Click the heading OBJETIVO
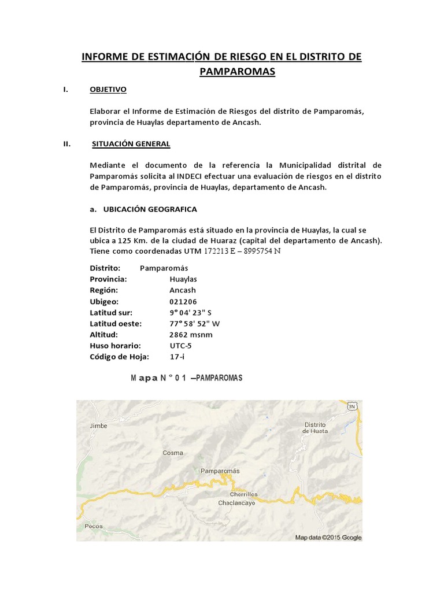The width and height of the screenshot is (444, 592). (108, 90)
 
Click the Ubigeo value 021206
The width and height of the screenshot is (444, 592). (183, 302)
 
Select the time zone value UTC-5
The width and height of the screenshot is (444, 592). (180, 346)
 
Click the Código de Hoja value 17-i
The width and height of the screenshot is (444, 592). (176, 357)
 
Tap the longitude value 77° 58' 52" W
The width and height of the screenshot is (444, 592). (194, 324)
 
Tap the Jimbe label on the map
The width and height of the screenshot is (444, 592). (99, 426)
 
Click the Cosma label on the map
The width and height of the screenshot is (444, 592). (173, 453)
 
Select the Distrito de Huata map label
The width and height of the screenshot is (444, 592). (316, 427)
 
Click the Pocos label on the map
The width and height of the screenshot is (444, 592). (94, 526)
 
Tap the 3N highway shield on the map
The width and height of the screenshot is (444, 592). (351, 406)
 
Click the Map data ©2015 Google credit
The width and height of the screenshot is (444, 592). (328, 538)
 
